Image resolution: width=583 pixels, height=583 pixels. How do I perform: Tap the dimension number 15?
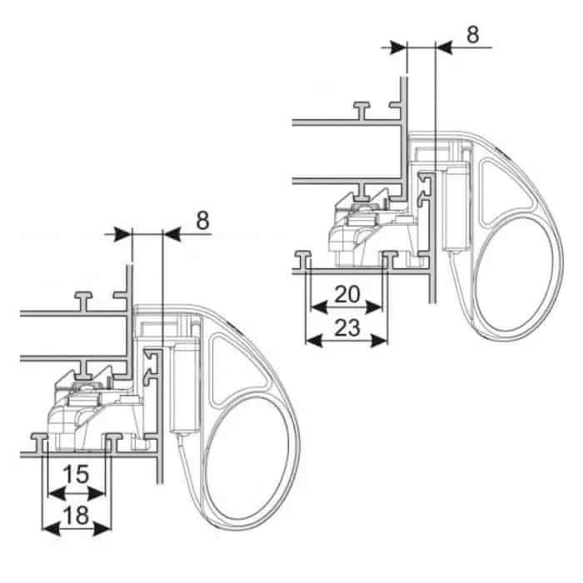coord(76,475)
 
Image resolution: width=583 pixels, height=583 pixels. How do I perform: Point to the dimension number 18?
coord(76,516)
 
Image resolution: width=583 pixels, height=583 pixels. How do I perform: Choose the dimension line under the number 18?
coord(76,527)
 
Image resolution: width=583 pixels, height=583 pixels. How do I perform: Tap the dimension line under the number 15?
coord(76,491)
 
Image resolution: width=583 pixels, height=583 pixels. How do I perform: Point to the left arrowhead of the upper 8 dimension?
coord(397,47)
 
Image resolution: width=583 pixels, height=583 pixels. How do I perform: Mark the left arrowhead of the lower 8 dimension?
coord(124,235)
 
